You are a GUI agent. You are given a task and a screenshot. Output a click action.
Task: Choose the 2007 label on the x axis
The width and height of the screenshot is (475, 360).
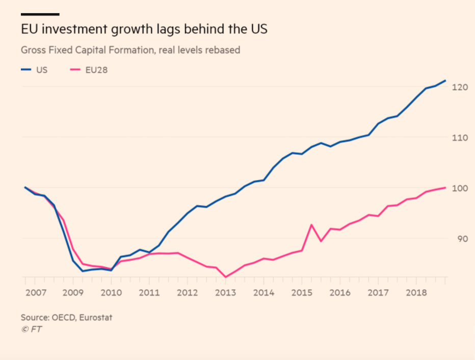(x=35, y=293)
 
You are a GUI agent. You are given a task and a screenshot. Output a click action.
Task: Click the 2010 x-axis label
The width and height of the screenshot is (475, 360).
(x=111, y=293)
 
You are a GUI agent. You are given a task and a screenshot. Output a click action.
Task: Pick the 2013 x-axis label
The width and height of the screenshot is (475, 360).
(x=225, y=293)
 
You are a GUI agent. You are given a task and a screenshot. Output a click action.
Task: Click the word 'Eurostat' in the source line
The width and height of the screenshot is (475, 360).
(x=95, y=318)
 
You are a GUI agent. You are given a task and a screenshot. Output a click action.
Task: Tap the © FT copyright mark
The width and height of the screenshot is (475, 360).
(x=31, y=329)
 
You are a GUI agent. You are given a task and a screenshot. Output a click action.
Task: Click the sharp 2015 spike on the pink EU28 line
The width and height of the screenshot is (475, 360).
(x=311, y=225)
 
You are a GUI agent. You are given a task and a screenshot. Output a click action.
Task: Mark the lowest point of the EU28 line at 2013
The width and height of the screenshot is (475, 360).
(x=225, y=277)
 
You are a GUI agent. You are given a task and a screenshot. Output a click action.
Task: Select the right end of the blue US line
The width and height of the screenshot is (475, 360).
(x=446, y=80)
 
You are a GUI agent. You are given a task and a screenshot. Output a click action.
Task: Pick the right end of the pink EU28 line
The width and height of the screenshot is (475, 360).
(x=446, y=187)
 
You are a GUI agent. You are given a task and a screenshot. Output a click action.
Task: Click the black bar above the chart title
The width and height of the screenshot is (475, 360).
(x=40, y=14)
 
